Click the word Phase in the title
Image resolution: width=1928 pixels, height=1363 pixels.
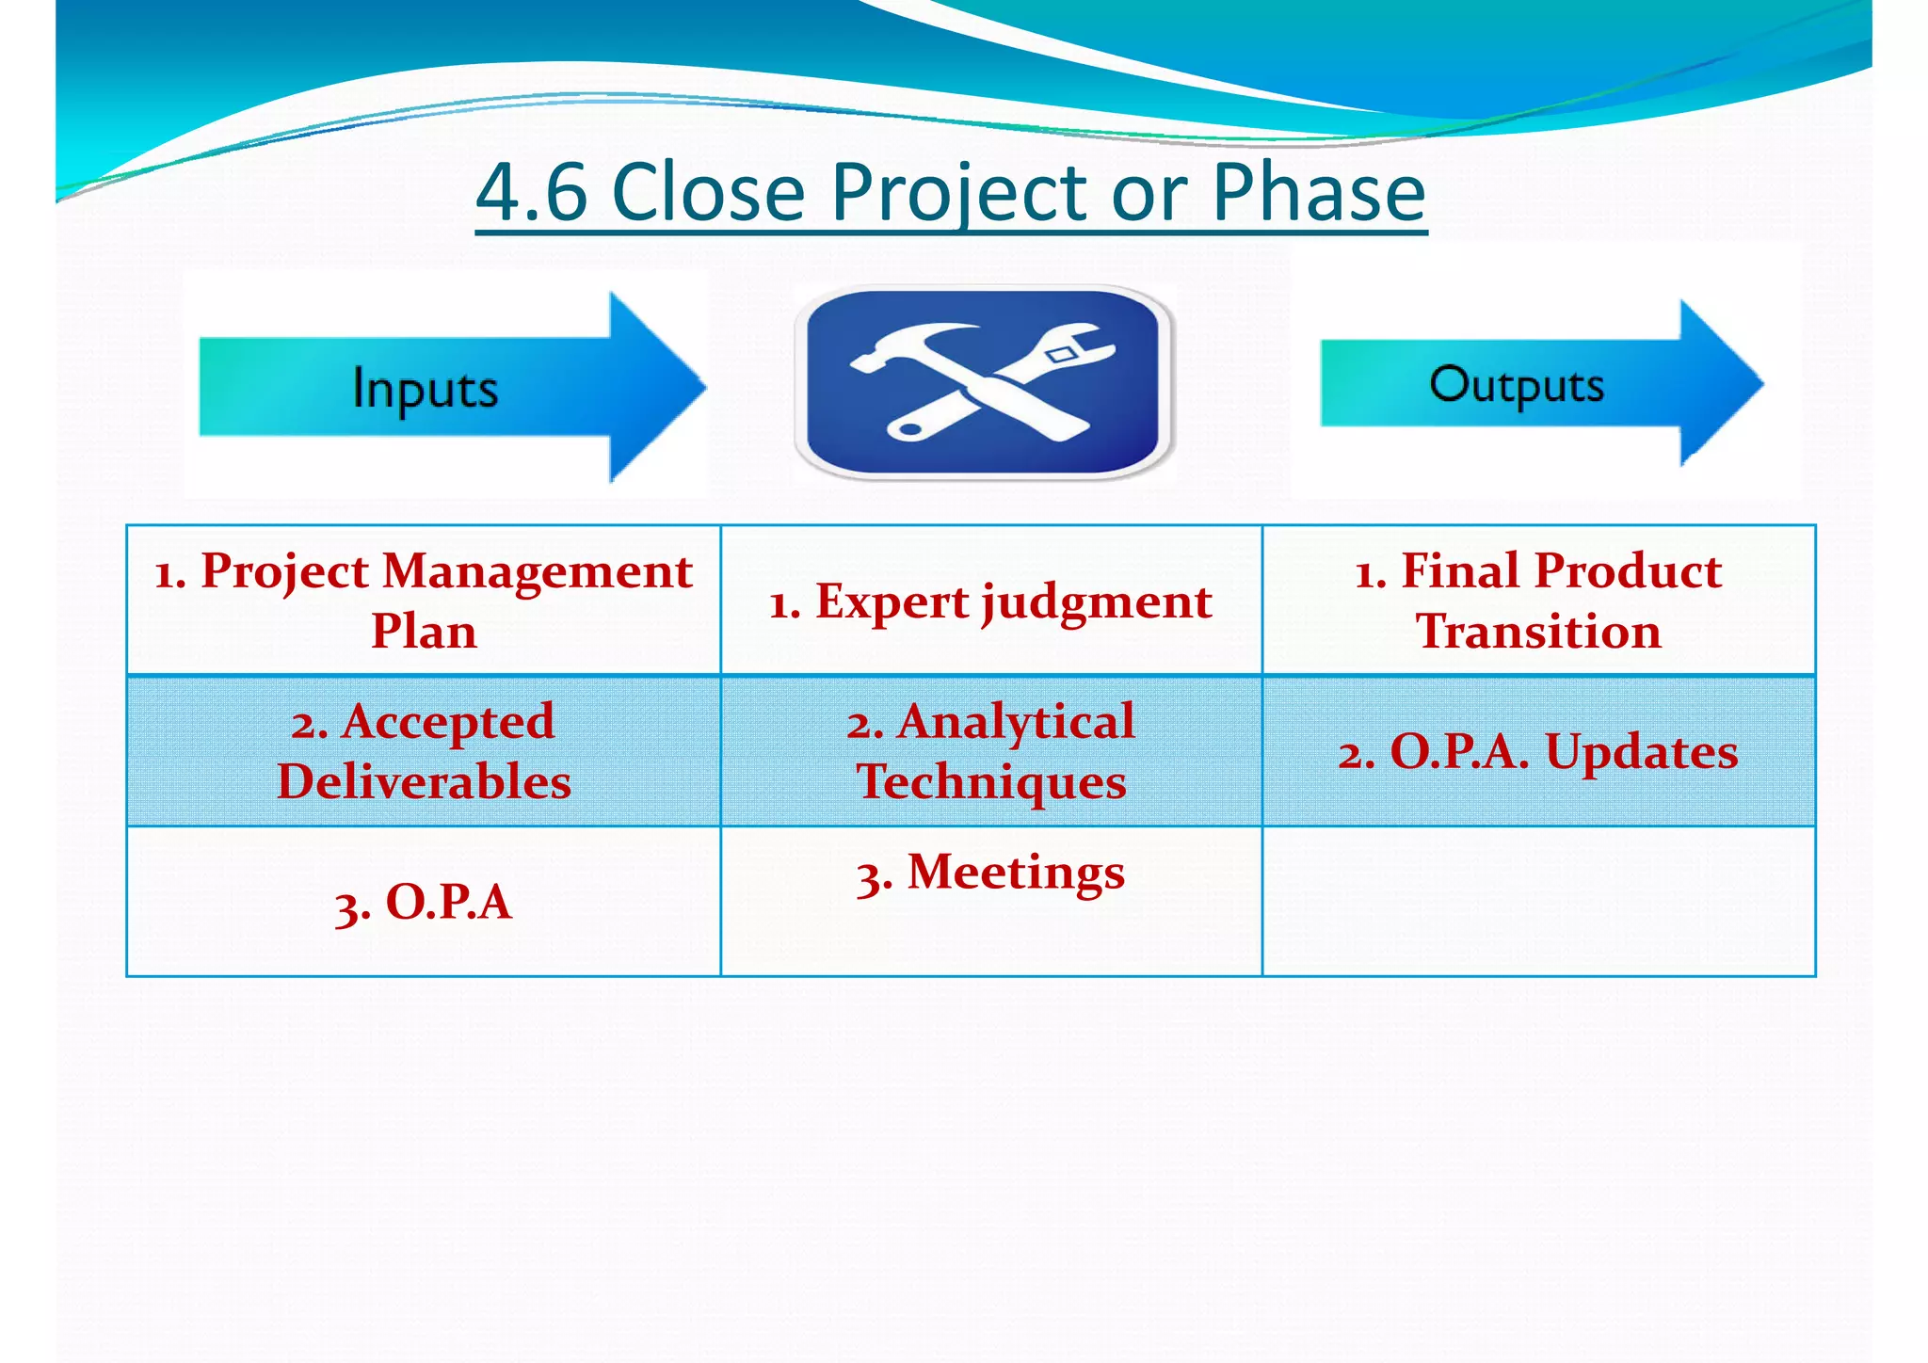[1318, 192]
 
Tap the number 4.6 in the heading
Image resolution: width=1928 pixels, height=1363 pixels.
[532, 192]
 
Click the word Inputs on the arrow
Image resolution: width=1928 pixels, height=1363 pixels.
[425, 388]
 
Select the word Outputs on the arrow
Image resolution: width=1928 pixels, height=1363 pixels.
[1516, 385]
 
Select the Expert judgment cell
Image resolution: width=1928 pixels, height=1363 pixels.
[990, 601]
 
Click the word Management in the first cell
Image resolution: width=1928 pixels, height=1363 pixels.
[538, 571]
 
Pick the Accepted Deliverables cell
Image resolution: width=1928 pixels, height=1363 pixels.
[424, 751]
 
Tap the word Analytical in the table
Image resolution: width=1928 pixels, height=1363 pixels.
[1016, 722]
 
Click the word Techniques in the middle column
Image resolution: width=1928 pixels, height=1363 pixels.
[990, 782]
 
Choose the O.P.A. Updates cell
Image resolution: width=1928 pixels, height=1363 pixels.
[1538, 752]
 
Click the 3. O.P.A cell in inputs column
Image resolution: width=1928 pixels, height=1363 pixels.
[424, 902]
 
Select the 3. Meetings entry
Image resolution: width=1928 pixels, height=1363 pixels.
[990, 873]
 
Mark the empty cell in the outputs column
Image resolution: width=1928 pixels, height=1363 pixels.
[1538, 901]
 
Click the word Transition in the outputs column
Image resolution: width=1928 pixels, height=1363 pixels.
[1538, 632]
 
